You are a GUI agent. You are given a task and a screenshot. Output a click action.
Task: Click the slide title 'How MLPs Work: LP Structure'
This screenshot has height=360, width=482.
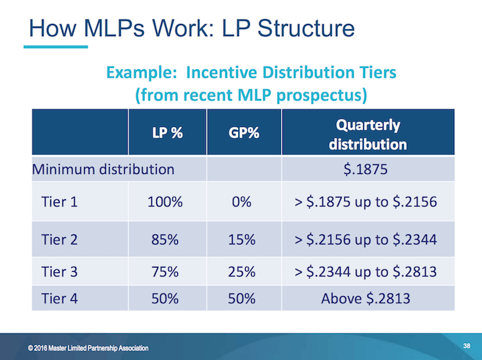click(x=189, y=28)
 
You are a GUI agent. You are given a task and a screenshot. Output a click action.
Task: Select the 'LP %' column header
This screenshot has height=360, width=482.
click(x=166, y=132)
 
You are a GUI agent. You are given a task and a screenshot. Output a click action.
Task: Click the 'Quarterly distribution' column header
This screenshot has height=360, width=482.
click(x=367, y=134)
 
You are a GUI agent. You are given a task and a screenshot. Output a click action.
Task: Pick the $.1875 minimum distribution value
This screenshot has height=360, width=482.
click(x=367, y=168)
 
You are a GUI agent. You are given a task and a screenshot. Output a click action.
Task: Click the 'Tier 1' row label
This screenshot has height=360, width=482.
click(x=60, y=202)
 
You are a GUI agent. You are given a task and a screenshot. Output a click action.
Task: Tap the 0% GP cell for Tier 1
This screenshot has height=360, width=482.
click(x=242, y=202)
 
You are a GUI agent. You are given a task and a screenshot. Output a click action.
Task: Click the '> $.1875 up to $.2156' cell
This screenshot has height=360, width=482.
click(x=367, y=202)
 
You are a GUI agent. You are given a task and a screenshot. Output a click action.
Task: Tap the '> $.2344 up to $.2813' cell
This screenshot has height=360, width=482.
click(x=367, y=272)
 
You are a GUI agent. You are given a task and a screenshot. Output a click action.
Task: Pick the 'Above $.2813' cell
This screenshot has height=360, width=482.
click(x=367, y=298)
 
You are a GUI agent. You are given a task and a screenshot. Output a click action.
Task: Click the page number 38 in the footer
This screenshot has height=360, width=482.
click(x=466, y=346)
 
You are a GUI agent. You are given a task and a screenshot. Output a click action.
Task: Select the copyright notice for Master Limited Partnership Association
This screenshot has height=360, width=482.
click(x=88, y=348)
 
